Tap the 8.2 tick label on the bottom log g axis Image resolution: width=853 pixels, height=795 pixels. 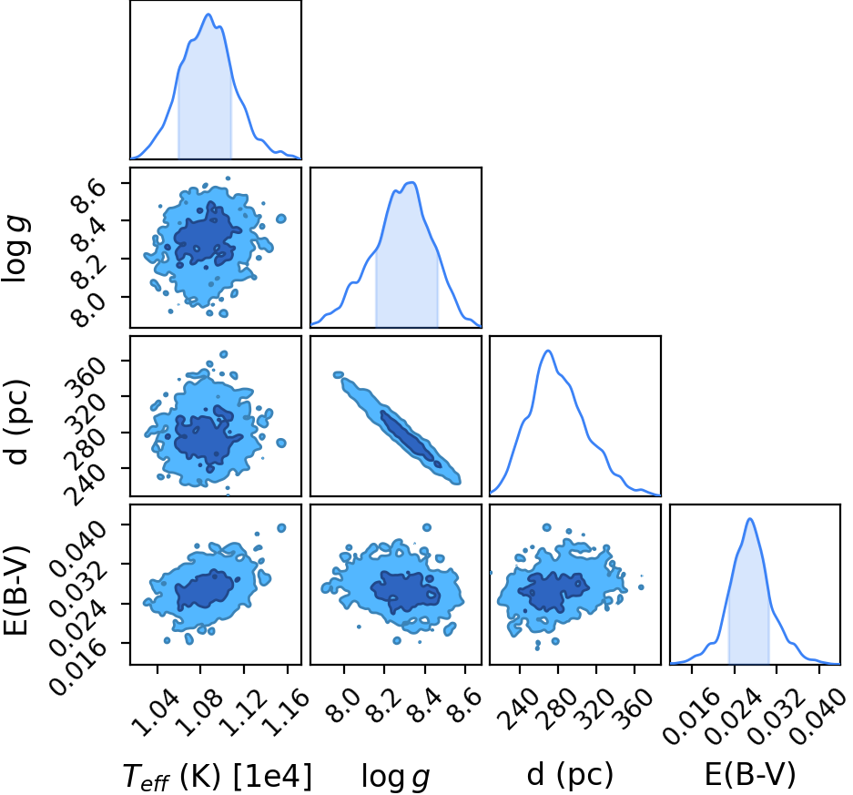384,707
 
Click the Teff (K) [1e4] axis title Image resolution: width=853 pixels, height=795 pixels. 217,777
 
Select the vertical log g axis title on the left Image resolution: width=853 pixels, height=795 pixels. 15,248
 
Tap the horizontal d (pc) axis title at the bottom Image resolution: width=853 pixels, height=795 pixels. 570,775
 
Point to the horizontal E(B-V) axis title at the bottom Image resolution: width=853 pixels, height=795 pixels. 749,775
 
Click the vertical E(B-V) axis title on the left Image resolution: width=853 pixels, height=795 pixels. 15,590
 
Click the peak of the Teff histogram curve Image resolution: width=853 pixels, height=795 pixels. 208,15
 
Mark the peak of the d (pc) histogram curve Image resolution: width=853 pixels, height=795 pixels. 548,351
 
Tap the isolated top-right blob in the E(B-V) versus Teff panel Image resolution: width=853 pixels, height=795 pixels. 281,528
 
